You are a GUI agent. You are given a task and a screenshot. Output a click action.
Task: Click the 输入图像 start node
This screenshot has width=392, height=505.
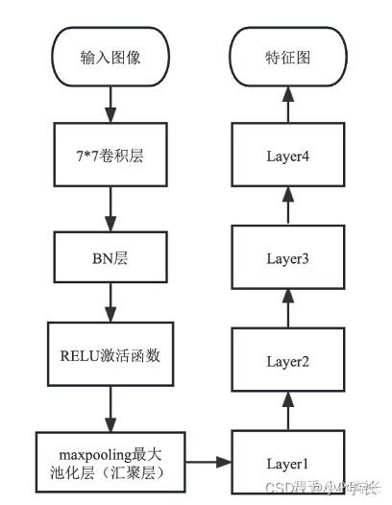click(110, 58)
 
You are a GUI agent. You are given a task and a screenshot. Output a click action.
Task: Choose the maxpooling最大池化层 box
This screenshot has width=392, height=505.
click(110, 461)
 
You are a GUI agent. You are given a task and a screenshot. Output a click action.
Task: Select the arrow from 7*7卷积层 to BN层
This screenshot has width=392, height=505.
click(110, 203)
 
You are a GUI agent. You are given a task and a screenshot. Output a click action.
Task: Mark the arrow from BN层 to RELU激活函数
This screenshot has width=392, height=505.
click(110, 304)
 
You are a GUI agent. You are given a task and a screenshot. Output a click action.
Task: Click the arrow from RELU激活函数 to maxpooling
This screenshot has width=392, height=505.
click(110, 408)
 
